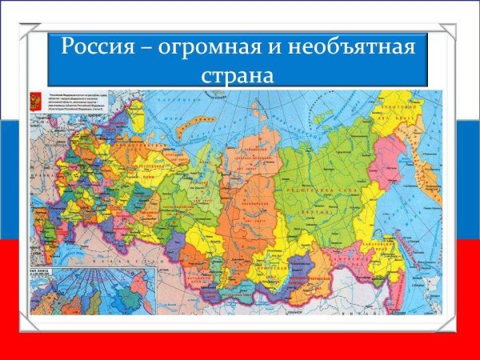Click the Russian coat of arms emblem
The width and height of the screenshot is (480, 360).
coord(35,102)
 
